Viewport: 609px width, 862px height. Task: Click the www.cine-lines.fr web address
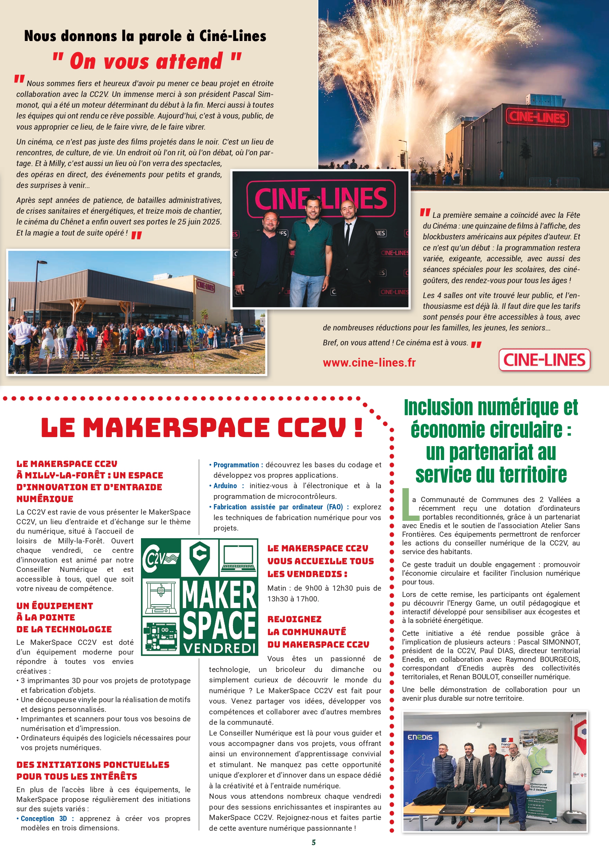369,362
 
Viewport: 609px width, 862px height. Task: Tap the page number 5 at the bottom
313,842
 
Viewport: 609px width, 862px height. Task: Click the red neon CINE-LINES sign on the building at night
537,117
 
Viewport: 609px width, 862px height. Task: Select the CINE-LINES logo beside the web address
544,360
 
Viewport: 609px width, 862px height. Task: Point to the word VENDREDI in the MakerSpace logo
219,648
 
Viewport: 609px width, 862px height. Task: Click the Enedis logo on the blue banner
420,737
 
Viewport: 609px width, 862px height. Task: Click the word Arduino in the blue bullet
225,486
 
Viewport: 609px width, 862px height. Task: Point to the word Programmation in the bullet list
236,465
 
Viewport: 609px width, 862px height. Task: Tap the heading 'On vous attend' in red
146,61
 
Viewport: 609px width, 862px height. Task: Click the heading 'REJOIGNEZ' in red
294,619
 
